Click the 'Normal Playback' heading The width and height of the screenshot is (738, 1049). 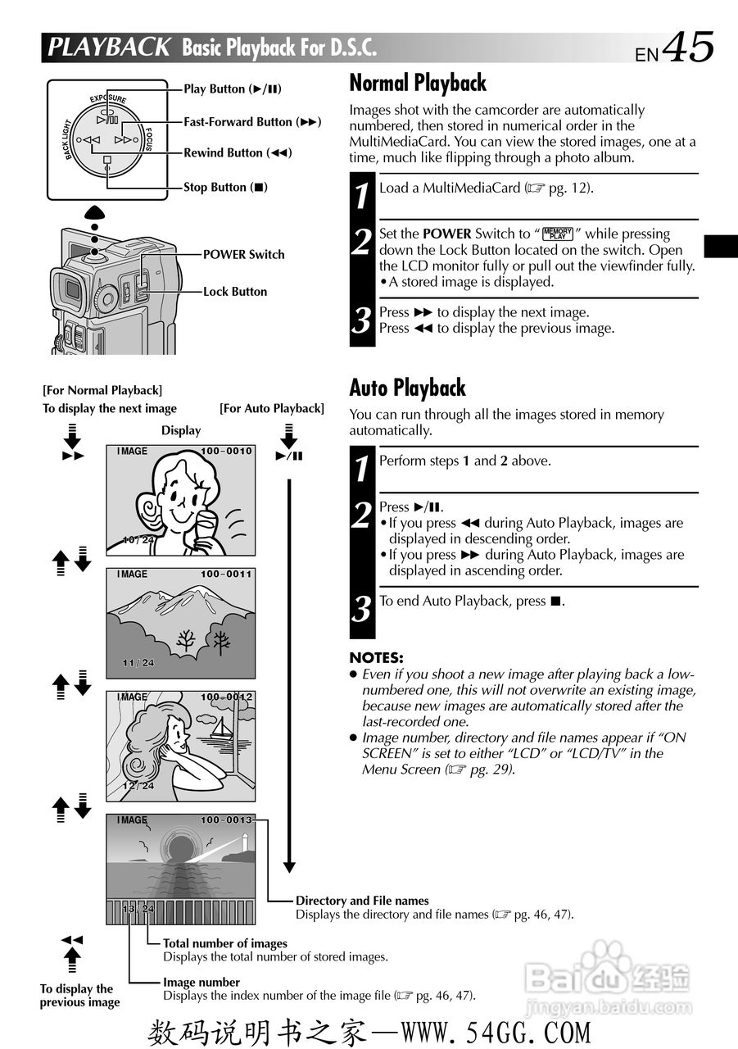(x=418, y=84)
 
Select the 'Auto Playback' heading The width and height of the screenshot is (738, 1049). (x=407, y=388)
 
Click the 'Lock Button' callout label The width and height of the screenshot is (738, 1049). (x=235, y=292)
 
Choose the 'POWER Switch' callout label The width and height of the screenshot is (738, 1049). (x=243, y=255)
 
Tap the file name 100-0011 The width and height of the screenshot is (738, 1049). (x=226, y=574)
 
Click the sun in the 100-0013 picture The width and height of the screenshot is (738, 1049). (x=179, y=848)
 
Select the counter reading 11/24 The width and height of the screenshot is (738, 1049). (x=138, y=663)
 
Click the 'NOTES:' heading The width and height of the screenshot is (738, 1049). (x=376, y=658)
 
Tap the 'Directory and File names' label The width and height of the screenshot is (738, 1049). (x=362, y=901)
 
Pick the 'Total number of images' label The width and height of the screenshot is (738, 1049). (x=225, y=943)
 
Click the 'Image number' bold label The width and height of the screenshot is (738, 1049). (x=201, y=982)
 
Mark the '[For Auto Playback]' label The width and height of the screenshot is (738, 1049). (x=272, y=409)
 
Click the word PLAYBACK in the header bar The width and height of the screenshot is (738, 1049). (x=109, y=48)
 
